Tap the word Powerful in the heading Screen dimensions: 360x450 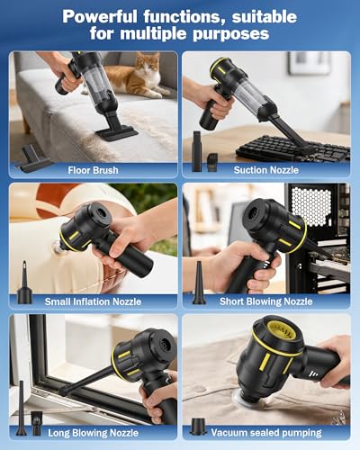(x=100, y=17)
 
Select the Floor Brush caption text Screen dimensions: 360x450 (x=93, y=170)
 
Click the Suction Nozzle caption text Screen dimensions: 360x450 (x=266, y=170)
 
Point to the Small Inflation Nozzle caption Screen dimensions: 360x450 (x=93, y=301)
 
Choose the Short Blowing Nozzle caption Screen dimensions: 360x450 (x=266, y=301)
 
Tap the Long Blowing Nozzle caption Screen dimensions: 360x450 (x=94, y=433)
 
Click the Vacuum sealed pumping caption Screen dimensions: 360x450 (x=266, y=433)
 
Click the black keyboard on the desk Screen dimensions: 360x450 (x=292, y=148)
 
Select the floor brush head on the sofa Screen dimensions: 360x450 (x=117, y=132)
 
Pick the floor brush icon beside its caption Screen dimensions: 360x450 (x=33, y=158)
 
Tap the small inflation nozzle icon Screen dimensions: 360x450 (x=24, y=283)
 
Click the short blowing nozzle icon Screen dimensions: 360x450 (x=199, y=283)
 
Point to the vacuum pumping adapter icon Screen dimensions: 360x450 (x=198, y=427)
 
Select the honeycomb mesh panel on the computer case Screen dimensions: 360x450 (x=311, y=206)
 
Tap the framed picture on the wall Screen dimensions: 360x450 (x=309, y=63)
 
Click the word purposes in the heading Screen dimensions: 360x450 (x=230, y=34)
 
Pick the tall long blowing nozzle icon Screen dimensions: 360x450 (x=22, y=408)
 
